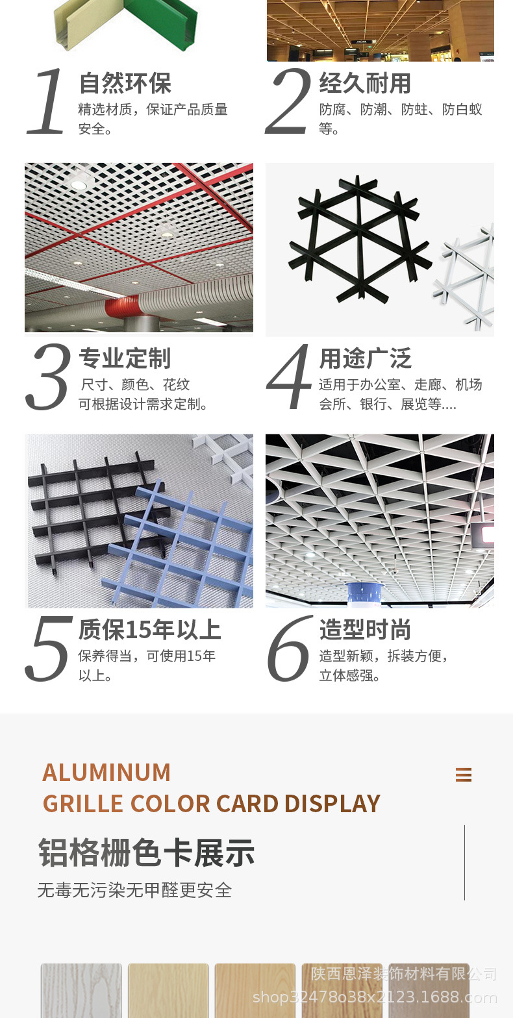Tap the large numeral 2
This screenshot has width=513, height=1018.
point(288,101)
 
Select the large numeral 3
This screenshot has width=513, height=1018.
point(48,377)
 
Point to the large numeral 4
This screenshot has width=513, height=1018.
point(289,377)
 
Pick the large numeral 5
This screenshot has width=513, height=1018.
point(48,648)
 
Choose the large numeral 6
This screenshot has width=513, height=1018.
point(290,648)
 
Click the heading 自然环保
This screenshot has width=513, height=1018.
point(125,83)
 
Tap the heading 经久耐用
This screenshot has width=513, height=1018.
point(366,83)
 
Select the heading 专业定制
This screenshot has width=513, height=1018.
point(125,358)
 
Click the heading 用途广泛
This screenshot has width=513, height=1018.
point(366,358)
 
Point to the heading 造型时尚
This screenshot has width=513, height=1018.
point(366,630)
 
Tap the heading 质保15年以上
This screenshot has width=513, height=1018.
point(150,630)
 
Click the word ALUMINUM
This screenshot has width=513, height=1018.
point(106,773)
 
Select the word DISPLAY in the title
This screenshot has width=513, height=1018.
point(332,804)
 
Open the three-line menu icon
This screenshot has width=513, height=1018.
point(464,775)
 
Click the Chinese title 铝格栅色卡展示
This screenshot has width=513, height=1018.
point(146,852)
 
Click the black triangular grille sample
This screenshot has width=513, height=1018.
point(360,239)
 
